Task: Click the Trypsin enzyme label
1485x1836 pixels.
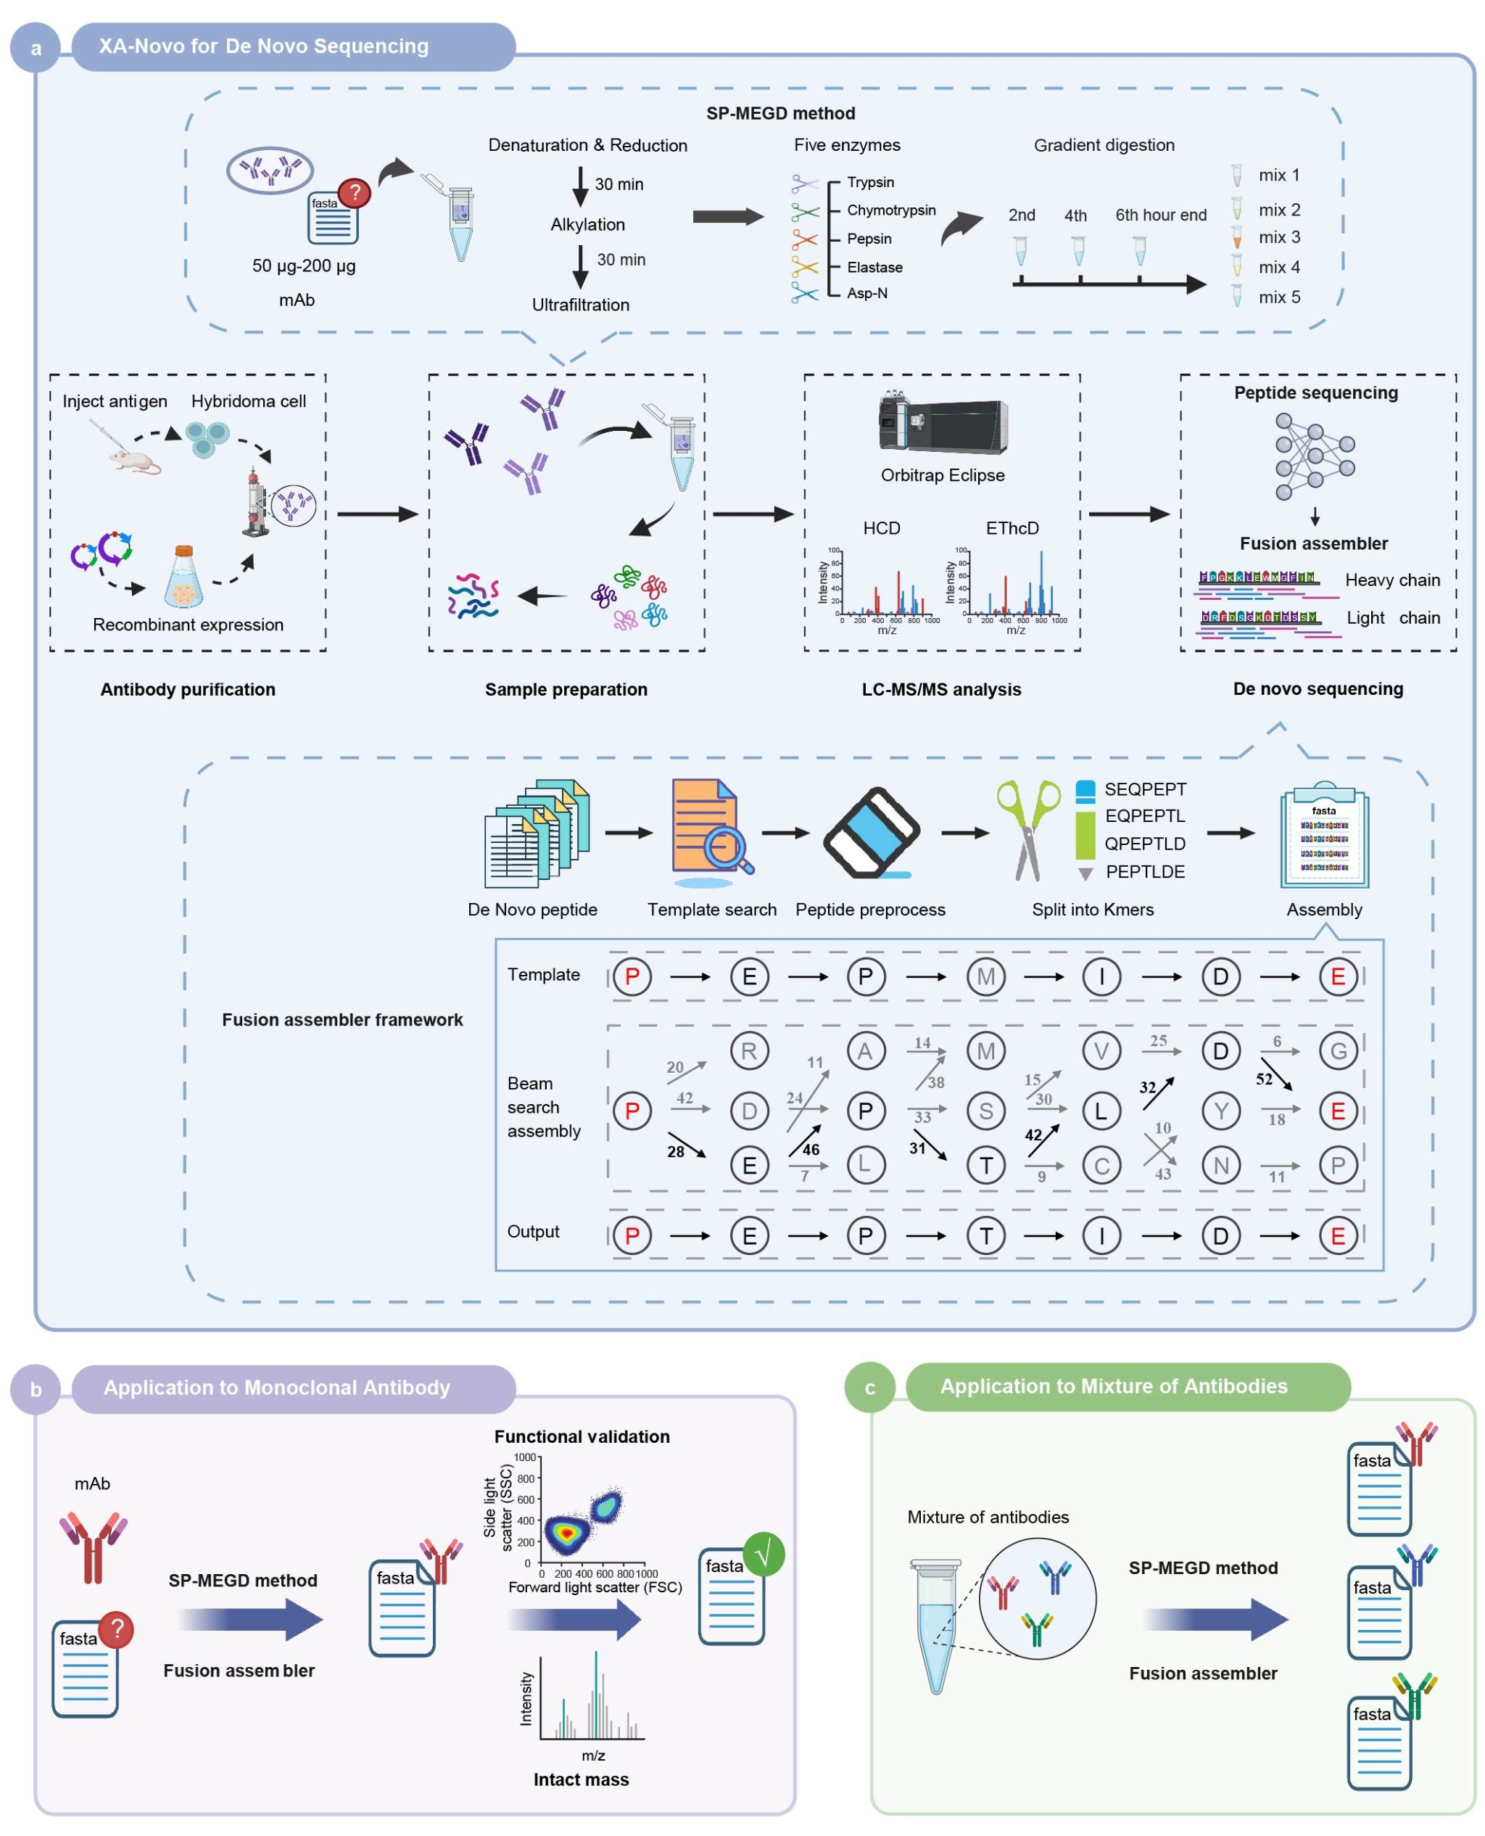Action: (x=870, y=182)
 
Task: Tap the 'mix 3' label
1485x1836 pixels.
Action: (x=1278, y=237)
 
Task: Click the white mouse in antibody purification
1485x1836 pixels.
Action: (x=134, y=462)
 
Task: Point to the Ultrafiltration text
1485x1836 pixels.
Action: (x=580, y=305)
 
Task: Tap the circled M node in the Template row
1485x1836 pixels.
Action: (x=985, y=976)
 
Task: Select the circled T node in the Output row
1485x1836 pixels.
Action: (x=985, y=1235)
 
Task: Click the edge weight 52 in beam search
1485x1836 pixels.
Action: (x=1263, y=1079)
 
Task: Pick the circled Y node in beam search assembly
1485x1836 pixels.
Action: (x=1220, y=1111)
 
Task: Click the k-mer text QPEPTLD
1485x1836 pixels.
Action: (x=1144, y=844)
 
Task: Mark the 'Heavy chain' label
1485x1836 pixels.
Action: (x=1391, y=580)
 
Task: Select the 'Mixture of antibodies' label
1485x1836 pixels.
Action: (x=988, y=1517)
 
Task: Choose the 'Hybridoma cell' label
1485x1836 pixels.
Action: (x=248, y=401)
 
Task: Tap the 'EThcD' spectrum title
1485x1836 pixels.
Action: (x=1012, y=528)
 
